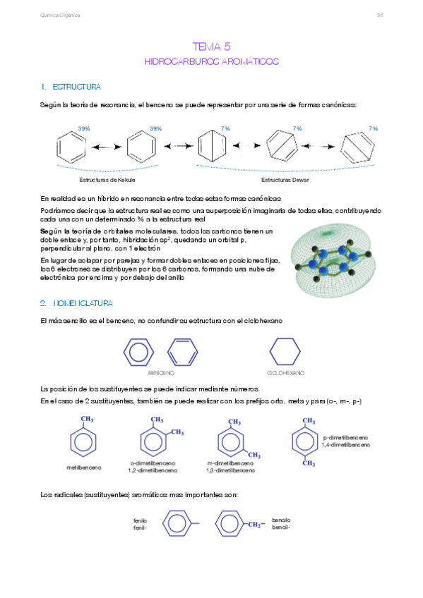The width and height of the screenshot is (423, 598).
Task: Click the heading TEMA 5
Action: pos(211,47)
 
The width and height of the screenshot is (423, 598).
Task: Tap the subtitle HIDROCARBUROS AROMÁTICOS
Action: pos(211,62)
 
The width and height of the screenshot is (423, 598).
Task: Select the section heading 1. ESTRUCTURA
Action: pos(71,87)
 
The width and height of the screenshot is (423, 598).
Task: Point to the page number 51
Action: pos(379,15)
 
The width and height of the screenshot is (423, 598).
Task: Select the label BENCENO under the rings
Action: pos(161,372)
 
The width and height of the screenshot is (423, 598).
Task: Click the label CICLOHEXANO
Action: pos(285,372)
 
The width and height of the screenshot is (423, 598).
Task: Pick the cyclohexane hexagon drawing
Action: pos(285,350)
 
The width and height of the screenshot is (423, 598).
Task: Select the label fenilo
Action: pos(139,520)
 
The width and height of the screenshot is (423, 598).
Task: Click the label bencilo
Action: pos(281,520)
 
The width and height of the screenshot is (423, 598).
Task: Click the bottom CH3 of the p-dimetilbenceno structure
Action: pos(309,463)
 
